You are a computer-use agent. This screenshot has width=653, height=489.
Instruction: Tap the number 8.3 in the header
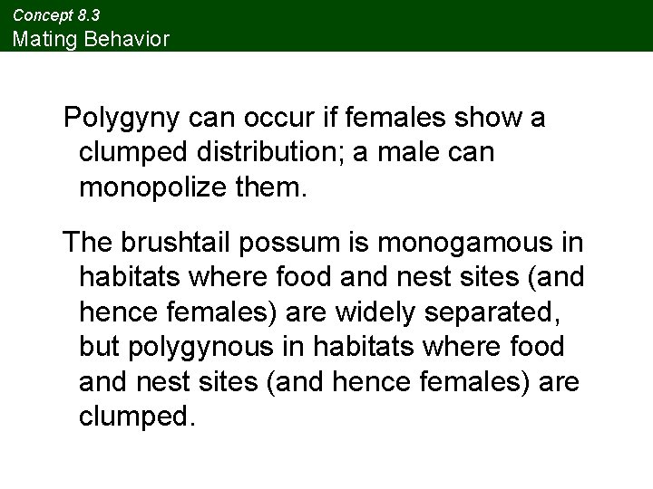pyautogui.click(x=88, y=15)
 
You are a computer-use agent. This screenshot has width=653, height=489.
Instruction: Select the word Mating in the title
pyautogui.click(x=37, y=39)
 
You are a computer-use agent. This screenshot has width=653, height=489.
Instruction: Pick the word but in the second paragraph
pyautogui.click(x=101, y=346)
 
